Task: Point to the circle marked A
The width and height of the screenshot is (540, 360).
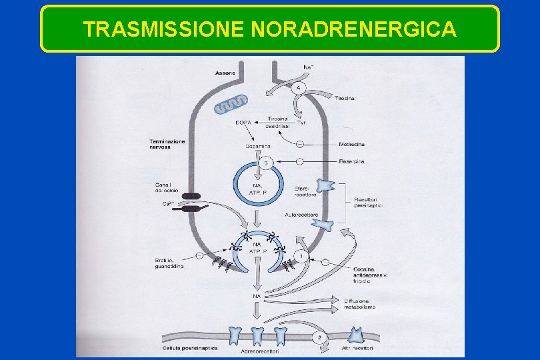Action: click(x=298, y=88)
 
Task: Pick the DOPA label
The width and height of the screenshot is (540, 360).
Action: click(x=243, y=122)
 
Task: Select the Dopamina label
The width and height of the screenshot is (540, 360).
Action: click(x=257, y=145)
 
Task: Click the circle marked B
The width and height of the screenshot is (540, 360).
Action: click(x=265, y=162)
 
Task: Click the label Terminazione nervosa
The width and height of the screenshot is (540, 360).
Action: click(x=168, y=144)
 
